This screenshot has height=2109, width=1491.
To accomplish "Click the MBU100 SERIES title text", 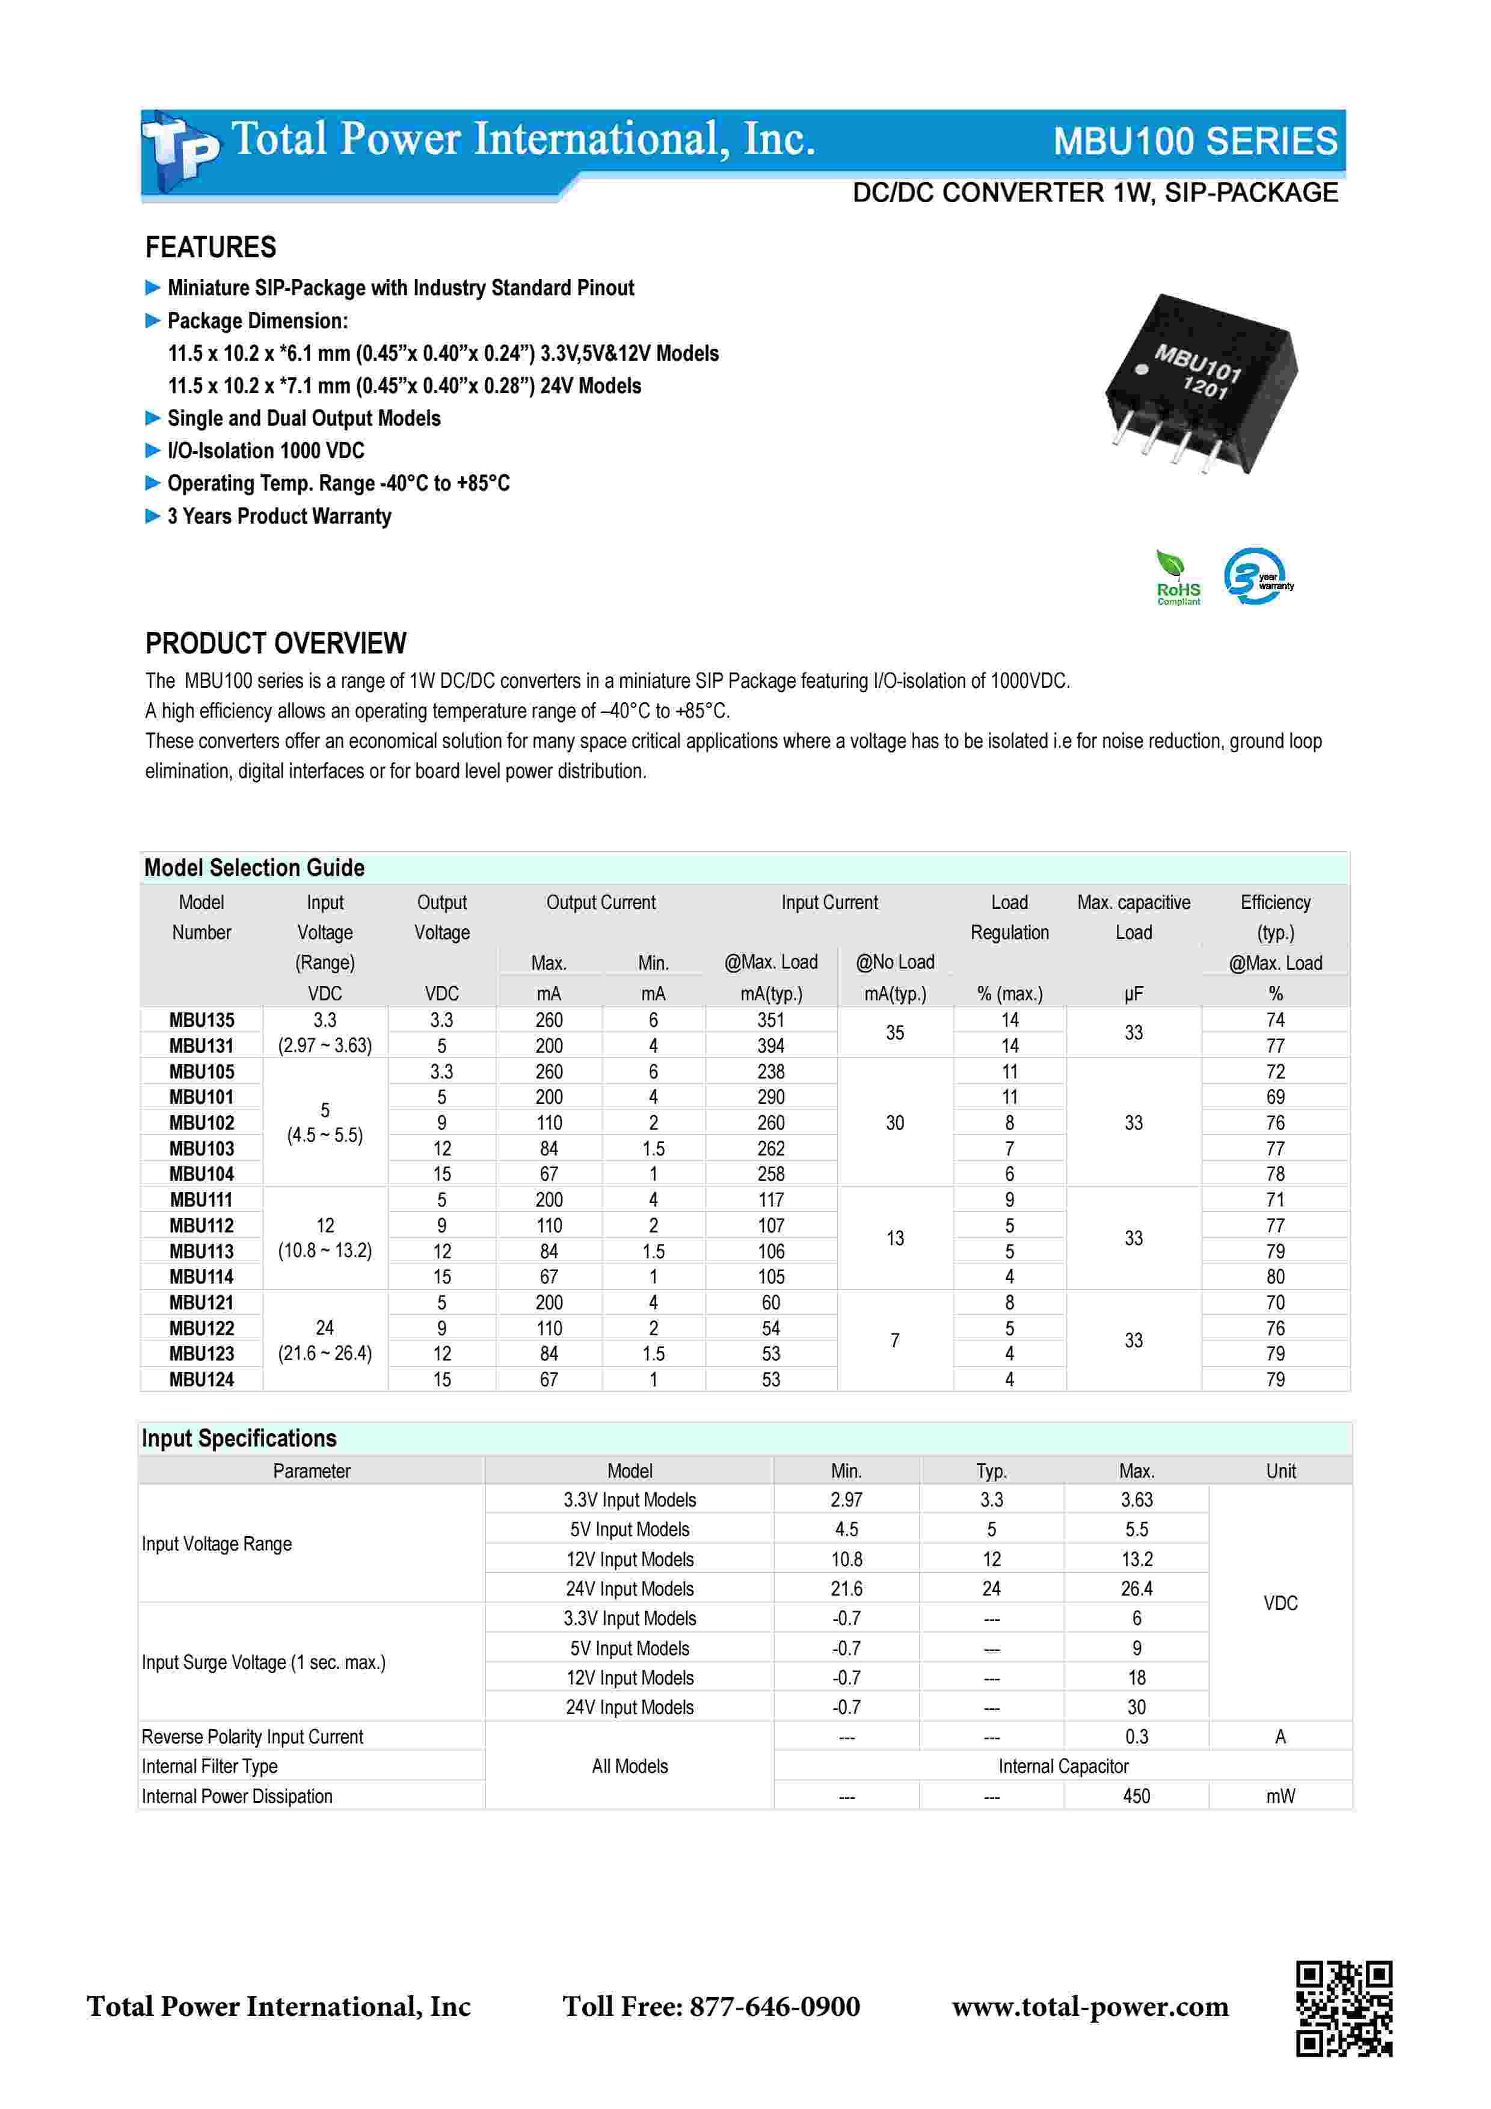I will (1194, 141).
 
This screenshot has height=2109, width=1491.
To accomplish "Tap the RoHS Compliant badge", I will (1178, 578).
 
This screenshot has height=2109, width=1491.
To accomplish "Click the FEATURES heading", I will (211, 247).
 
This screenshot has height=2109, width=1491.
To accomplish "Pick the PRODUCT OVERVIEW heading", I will (275, 643).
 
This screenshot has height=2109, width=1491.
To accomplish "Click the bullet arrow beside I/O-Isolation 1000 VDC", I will (153, 450).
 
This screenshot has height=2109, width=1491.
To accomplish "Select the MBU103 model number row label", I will (201, 1148).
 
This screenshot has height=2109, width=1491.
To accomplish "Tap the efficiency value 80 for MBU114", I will (1275, 1277).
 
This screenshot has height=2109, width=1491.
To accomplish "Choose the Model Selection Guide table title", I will (254, 868).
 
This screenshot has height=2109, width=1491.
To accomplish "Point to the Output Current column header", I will (601, 902).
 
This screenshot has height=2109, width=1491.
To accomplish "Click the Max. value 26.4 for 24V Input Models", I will (1136, 1588).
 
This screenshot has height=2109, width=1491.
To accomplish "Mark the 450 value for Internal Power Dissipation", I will (1136, 1796).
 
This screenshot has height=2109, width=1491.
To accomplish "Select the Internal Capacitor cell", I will (1063, 1766).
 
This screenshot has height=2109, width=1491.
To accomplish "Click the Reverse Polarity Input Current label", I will (253, 1736).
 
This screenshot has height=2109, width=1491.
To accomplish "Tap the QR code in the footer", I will (1344, 2008).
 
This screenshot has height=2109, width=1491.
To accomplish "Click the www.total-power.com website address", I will (1090, 2006).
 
